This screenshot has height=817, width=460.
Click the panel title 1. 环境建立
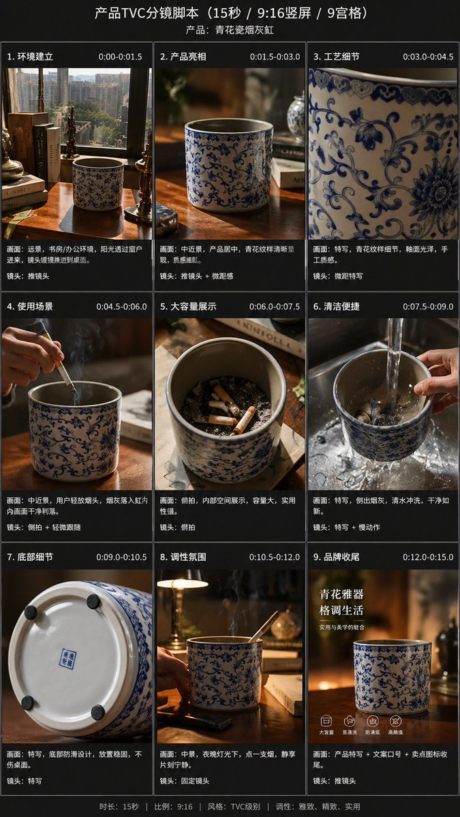pos(30,57)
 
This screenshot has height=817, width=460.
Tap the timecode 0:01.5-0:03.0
pos(275,57)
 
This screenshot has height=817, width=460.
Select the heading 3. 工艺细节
pos(336,57)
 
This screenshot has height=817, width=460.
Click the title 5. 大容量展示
pos(188,307)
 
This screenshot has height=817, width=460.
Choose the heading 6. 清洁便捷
pos(336,307)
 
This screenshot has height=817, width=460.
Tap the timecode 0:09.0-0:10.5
pos(121,557)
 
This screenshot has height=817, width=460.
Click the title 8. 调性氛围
pos(183,557)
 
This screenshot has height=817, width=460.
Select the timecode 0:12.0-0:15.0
pos(427,557)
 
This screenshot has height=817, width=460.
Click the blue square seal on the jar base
pos(67,658)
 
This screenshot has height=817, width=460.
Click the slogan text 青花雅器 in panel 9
pos(341,594)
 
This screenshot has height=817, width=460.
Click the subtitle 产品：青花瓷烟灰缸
pos(230,30)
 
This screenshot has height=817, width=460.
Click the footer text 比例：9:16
pos(174,806)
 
